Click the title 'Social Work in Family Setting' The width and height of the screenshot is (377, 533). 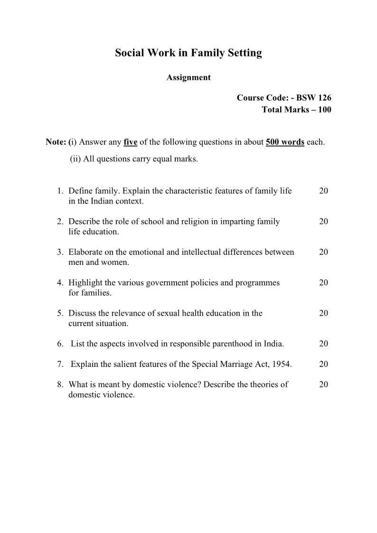click(x=188, y=53)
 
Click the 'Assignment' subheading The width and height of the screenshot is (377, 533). click(x=188, y=77)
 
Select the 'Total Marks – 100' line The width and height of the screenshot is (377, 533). click(x=296, y=110)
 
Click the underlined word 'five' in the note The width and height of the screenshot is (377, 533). click(x=130, y=142)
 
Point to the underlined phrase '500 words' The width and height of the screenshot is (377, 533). click(x=285, y=142)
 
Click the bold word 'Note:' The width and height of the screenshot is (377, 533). click(x=56, y=142)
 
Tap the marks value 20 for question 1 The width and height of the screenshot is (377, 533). click(x=323, y=191)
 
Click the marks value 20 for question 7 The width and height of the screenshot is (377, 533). click(x=323, y=364)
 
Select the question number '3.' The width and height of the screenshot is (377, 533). click(x=60, y=252)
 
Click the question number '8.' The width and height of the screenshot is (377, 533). click(x=60, y=384)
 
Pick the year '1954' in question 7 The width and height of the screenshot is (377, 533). click(x=282, y=364)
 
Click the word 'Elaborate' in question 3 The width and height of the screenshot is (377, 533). click(x=85, y=252)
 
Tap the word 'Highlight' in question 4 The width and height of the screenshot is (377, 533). click(x=85, y=282)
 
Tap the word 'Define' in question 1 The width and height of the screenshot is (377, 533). click(x=80, y=191)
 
